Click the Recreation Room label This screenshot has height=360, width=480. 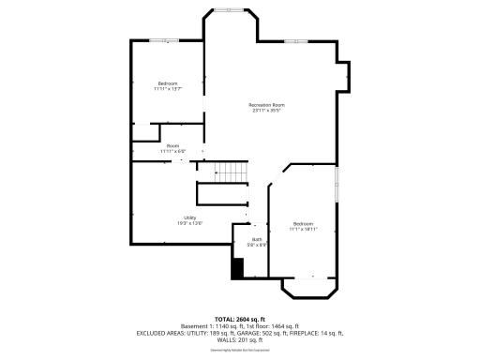266,104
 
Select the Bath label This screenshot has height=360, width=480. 256,239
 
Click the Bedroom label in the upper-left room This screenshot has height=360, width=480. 167,83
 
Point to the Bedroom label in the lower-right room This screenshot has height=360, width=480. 302,223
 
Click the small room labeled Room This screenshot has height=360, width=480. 173,145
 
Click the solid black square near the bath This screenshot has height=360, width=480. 237,267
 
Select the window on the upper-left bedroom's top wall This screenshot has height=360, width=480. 165,40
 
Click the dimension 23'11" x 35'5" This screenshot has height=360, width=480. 266,111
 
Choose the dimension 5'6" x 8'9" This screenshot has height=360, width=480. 256,245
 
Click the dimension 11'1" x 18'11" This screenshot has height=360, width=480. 302,229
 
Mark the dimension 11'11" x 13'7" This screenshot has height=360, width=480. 167,89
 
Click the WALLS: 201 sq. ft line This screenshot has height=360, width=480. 240,339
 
